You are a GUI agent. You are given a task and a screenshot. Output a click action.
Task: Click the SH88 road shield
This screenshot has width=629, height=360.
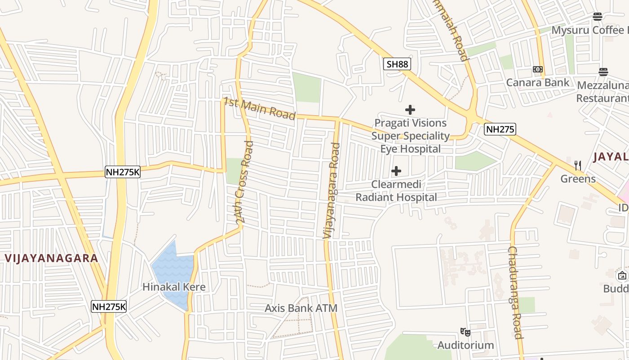click(397, 64)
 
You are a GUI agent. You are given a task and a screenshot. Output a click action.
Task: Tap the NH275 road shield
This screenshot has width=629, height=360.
click(500, 130)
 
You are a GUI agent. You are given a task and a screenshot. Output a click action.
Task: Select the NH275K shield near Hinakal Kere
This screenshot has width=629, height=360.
click(109, 307)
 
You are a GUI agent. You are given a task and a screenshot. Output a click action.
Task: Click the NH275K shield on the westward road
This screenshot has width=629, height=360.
click(123, 172)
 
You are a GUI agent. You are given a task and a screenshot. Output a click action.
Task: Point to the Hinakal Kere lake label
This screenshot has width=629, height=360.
click(174, 287)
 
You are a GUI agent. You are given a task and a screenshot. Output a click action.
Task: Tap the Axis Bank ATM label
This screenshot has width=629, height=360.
click(301, 308)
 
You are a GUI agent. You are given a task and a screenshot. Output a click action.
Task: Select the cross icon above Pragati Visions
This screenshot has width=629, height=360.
click(410, 109)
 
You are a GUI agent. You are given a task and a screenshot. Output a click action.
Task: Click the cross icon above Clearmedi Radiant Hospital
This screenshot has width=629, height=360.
click(396, 171)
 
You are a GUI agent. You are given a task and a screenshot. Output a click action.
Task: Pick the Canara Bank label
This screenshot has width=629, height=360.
click(537, 82)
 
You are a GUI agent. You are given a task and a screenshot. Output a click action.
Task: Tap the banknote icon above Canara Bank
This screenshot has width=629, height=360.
click(537, 69)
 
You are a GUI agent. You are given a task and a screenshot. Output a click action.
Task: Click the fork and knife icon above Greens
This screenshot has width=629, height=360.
click(578, 166)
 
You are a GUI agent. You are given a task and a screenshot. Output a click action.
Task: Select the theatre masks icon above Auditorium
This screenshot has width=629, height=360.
click(465, 332)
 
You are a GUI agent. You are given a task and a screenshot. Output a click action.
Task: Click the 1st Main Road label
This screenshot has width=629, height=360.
click(260, 109)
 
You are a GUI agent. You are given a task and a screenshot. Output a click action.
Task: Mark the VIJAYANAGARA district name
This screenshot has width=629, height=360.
click(52, 258)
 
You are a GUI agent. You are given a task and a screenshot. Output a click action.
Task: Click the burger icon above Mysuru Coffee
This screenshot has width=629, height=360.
click(597, 17)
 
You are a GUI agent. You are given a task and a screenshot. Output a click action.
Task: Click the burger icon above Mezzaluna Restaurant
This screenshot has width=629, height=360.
click(603, 72)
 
